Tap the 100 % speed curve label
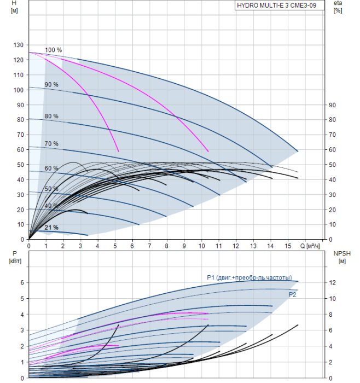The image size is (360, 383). click(53, 50)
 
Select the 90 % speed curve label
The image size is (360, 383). click(51, 85)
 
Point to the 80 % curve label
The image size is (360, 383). click(51, 116)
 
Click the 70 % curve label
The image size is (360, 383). click(51, 144)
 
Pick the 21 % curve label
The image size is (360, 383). click(51, 228)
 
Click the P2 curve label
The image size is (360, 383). click(293, 294)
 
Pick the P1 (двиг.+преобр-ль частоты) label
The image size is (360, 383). click(249, 277)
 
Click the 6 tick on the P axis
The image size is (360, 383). click(22, 282)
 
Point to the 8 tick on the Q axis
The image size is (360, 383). click(167, 246)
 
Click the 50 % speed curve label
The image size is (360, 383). click(51, 189)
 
